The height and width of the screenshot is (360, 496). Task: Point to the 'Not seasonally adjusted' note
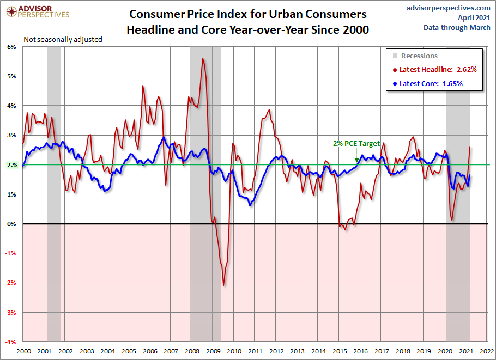(x=63, y=39)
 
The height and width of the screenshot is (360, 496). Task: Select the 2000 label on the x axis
(x=23, y=351)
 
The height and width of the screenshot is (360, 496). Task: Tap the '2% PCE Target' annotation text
(x=356, y=144)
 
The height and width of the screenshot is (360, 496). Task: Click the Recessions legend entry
(x=419, y=56)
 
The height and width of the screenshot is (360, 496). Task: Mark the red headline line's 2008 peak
(x=203, y=58)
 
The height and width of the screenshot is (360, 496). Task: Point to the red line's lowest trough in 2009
(x=223, y=285)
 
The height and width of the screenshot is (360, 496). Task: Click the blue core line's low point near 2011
(x=250, y=205)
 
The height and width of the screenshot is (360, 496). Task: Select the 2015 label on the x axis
(x=339, y=351)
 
